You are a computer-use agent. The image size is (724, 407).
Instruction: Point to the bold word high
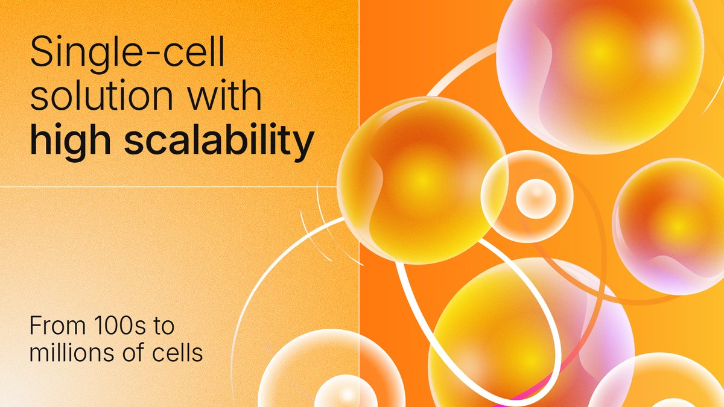point(68,140)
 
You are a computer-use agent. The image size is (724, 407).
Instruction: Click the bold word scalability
point(217,140)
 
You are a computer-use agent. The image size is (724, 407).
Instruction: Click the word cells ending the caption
point(180,353)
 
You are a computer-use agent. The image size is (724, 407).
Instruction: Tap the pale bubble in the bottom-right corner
point(658,386)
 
